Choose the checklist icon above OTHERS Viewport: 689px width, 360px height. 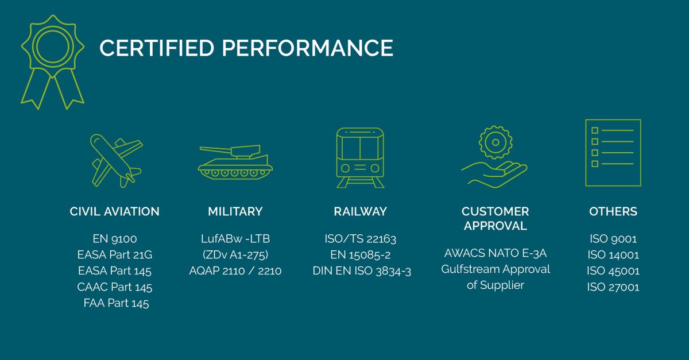[x=613, y=153]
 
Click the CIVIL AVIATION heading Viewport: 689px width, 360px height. [x=115, y=211]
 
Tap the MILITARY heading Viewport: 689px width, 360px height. [x=235, y=211]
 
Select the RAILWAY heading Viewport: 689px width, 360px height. [x=360, y=211]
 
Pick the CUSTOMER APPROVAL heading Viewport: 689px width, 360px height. [x=495, y=219]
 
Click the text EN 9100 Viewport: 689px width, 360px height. [x=115, y=239]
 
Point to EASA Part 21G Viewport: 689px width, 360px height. [x=115, y=255]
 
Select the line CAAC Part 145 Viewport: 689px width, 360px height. [x=115, y=287]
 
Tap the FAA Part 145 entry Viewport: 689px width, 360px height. [x=116, y=303]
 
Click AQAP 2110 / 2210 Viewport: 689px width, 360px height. [x=235, y=271]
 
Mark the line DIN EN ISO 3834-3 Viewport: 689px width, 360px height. [x=362, y=271]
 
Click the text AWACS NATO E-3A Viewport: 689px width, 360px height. [x=495, y=253]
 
